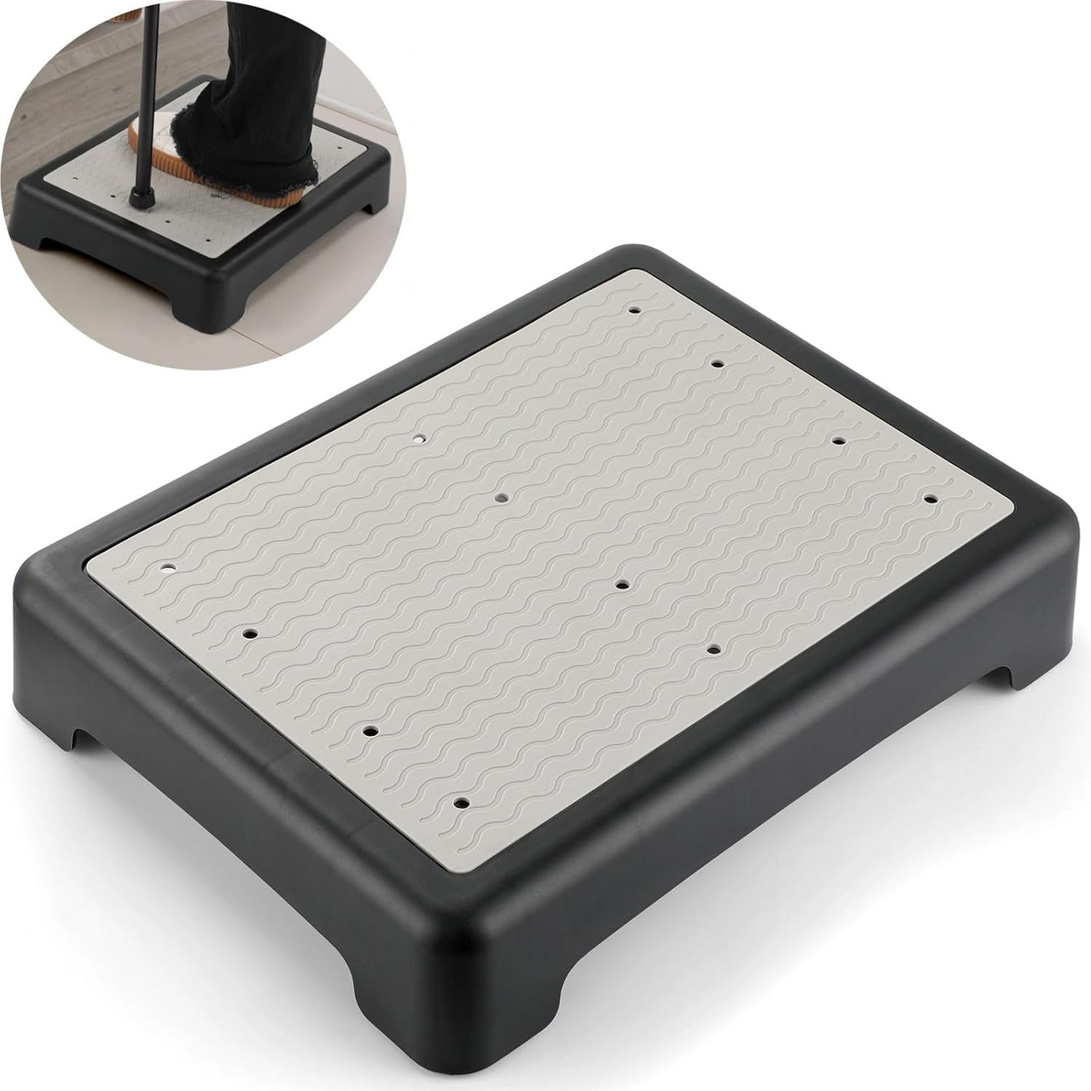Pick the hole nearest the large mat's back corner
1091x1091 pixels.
pos(636,310)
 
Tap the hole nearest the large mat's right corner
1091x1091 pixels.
pos(930,499)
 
